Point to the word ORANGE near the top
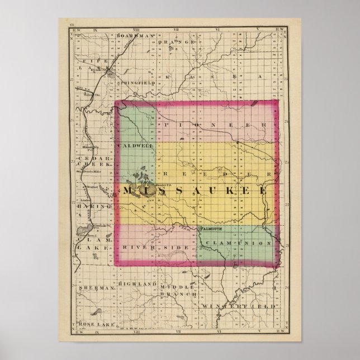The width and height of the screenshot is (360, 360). pyautogui.click(x=178, y=42)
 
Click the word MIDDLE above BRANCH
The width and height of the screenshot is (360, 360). pyautogui.click(x=177, y=285)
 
